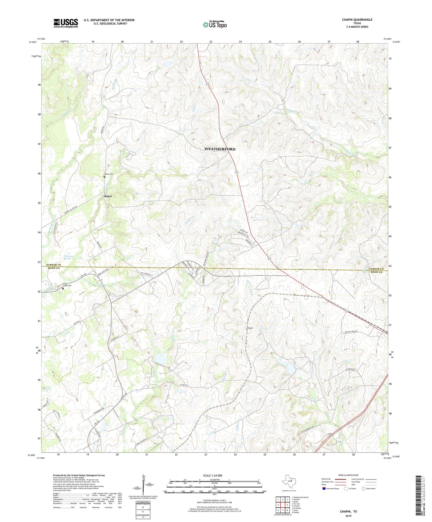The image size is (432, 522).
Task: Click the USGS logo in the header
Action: coord(66,23)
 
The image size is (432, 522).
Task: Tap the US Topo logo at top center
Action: coord(214,25)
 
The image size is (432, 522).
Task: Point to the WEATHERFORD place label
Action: coord(220,149)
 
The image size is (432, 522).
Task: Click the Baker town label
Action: coord(108,196)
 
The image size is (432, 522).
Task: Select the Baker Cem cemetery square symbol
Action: coord(104,177)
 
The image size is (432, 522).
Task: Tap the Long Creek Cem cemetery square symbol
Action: coord(63,289)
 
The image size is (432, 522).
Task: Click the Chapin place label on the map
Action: coord(250,328)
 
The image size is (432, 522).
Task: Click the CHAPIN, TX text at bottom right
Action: coord(348,512)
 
